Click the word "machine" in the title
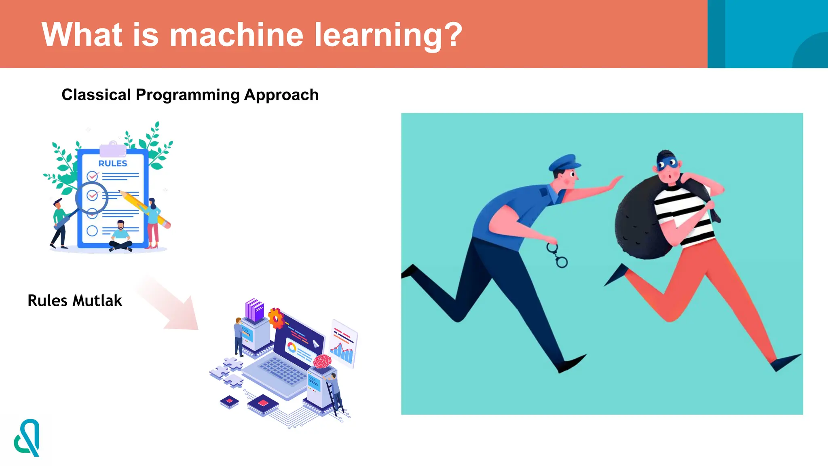pyautogui.click(x=236, y=36)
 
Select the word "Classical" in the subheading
pyautogui.click(x=96, y=95)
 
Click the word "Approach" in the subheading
pyautogui.click(x=281, y=95)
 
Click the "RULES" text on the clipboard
pyautogui.click(x=113, y=163)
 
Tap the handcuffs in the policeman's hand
pyautogui.click(x=557, y=255)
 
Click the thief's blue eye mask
pyautogui.click(x=667, y=164)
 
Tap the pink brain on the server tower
pyautogui.click(x=322, y=361)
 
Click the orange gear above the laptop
pyautogui.click(x=276, y=318)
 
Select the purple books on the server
pyautogui.click(x=254, y=309)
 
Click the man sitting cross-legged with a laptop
pyautogui.click(x=120, y=237)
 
